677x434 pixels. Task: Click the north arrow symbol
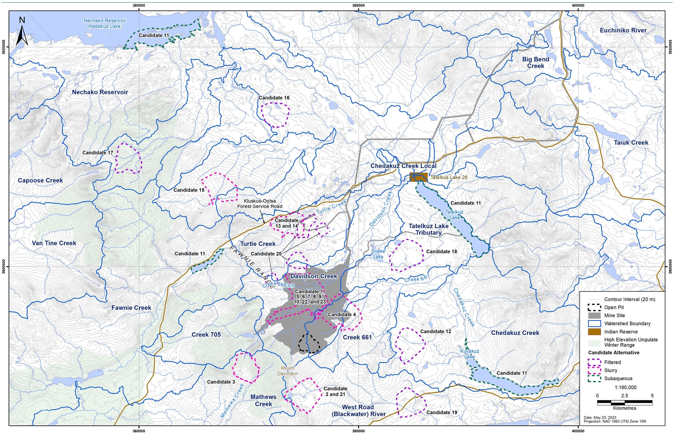point(22,33)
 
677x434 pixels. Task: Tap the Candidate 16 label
point(274,98)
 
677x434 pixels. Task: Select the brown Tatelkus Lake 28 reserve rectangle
point(418,177)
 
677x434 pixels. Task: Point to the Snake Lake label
point(378,254)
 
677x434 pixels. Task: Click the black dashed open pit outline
point(308,344)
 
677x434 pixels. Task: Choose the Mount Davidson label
point(287,371)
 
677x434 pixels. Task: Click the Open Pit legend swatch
point(594,307)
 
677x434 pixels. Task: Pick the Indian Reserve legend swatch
point(594,332)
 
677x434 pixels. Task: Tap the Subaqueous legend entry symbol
point(594,379)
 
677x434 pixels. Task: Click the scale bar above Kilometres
point(624,402)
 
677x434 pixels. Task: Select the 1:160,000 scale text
point(625,387)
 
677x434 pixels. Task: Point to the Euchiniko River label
point(623,30)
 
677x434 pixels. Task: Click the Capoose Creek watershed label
point(40,180)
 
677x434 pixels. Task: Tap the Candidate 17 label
point(98,153)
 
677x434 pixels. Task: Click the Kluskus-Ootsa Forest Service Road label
point(260,204)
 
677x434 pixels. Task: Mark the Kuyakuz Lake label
point(469,354)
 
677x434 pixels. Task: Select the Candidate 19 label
point(441,412)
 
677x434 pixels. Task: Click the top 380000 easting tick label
point(358,5)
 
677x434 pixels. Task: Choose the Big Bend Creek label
point(535,63)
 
